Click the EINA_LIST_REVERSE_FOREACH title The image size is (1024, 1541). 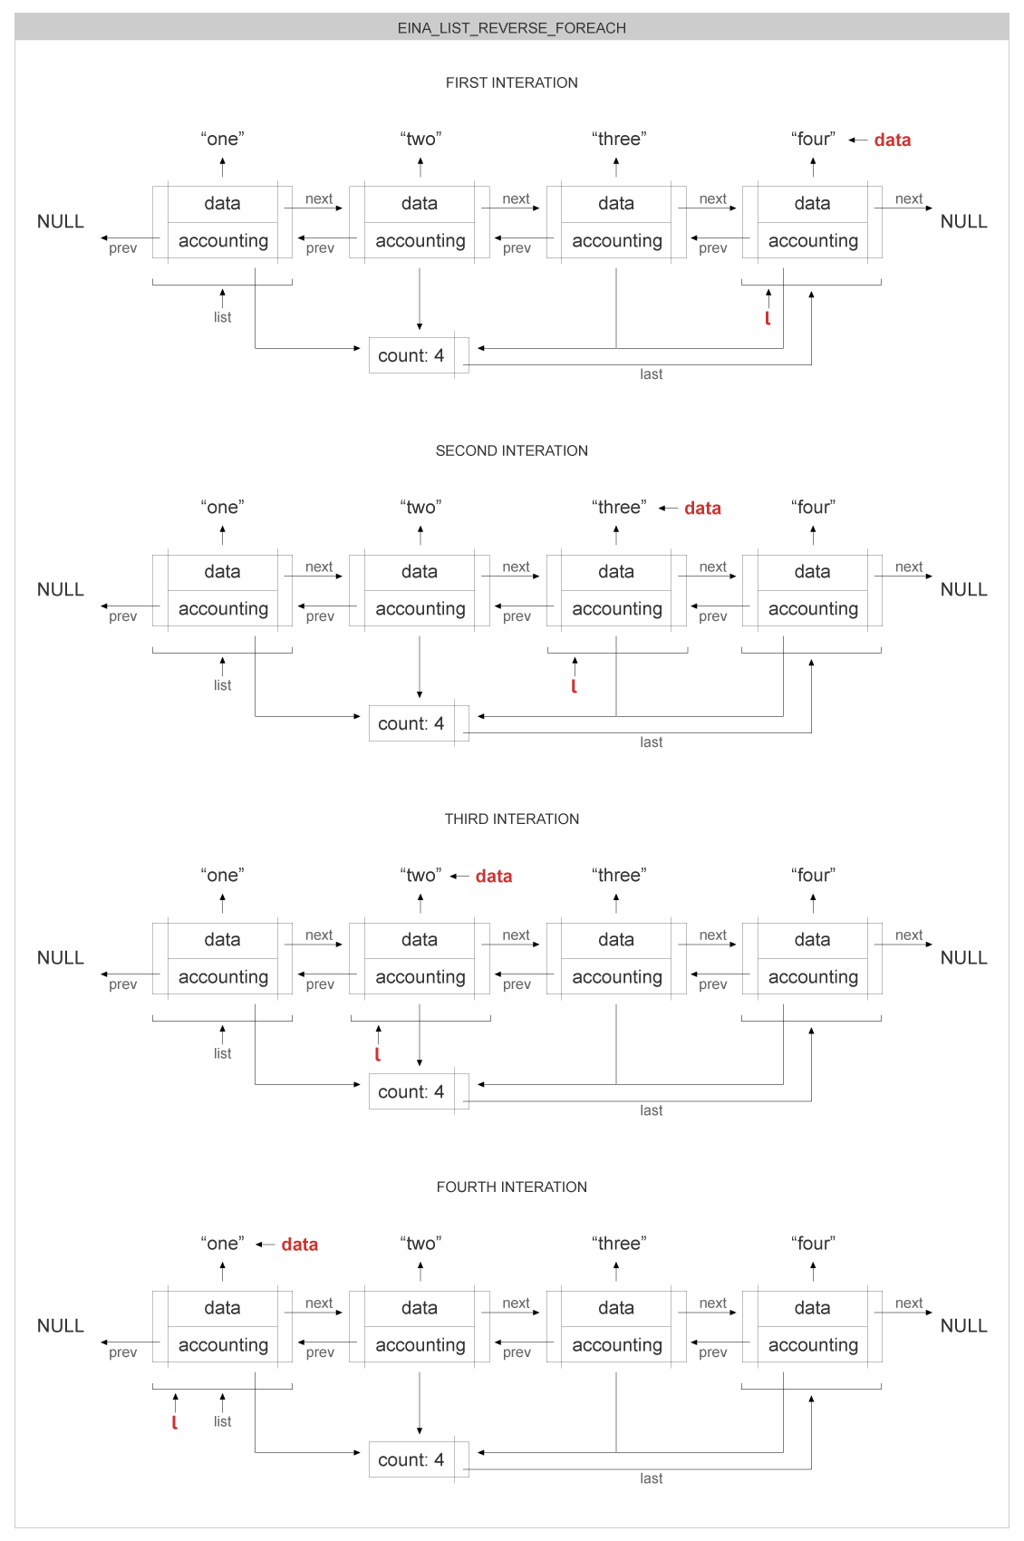point(511,28)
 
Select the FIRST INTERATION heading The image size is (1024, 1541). point(511,82)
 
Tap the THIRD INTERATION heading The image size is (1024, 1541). point(511,819)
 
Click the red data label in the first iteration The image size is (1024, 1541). point(892,140)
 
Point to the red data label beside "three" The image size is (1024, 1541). point(702,508)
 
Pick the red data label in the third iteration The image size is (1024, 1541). point(493,876)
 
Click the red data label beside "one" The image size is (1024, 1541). point(299,1244)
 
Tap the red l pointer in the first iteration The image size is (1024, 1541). point(768,318)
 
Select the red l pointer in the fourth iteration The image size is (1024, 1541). point(174,1422)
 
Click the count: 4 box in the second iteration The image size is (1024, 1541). point(411,723)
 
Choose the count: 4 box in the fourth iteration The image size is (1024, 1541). point(411,1459)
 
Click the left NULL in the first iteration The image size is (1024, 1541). point(61,221)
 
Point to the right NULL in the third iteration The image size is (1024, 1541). point(963,957)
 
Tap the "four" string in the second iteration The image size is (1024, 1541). point(813,507)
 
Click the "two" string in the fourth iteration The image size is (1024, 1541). point(420,1243)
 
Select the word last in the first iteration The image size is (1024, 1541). point(651,374)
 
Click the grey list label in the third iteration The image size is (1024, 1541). point(222,1053)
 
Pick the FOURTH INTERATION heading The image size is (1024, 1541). point(511,1187)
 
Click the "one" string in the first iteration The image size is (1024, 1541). point(222,139)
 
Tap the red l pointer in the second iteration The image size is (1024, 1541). point(574,686)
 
